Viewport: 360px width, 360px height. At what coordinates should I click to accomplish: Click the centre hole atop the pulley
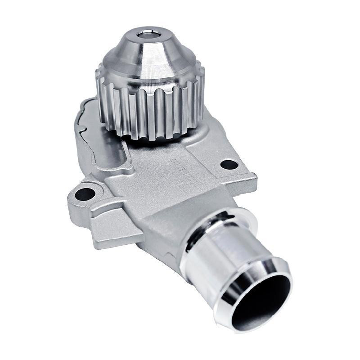[x=148, y=34]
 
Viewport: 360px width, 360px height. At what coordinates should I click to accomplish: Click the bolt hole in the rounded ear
[x=84, y=194]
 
